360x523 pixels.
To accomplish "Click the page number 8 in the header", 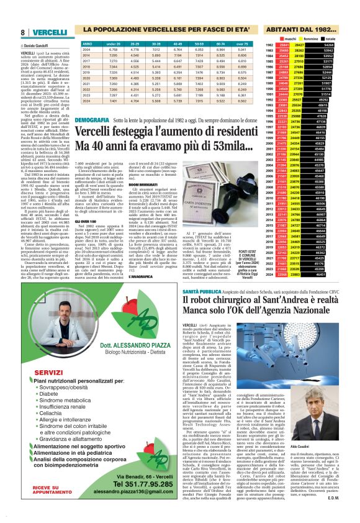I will coord(22,32).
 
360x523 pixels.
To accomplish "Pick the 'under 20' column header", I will coord(114,45).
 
